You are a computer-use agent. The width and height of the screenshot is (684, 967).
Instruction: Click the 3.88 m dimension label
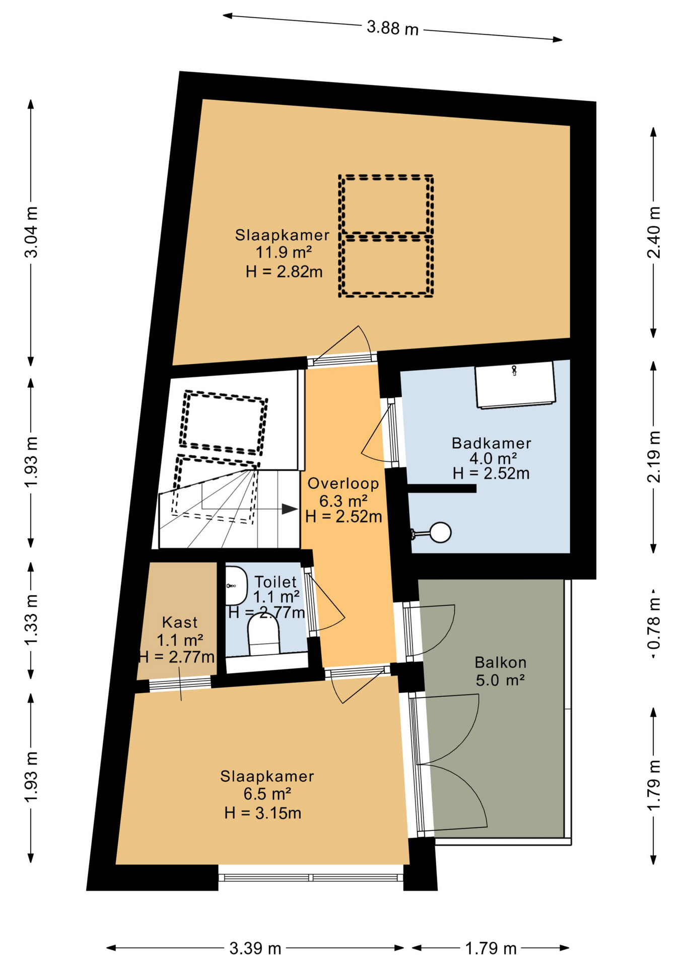point(392,28)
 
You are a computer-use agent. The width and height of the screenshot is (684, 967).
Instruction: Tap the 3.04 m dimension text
point(31,232)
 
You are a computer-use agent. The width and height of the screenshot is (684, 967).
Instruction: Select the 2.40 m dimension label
point(653,232)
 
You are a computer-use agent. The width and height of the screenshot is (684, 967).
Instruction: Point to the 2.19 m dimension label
point(653,457)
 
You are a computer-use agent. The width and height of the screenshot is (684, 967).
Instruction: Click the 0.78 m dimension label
point(653,624)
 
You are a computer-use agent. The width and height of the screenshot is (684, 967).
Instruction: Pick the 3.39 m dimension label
point(255,948)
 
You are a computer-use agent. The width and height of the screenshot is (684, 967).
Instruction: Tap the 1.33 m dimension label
point(31,619)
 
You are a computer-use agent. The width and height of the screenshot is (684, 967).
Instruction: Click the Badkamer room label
point(491,443)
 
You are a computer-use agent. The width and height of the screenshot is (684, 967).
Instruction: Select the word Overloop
point(343,483)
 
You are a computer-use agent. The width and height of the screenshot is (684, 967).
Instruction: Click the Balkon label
point(500,662)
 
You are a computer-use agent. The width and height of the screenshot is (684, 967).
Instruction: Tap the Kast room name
point(180,623)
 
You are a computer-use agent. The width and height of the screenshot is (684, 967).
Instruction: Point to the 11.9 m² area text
point(284,252)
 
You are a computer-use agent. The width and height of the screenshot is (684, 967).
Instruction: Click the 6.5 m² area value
point(267,794)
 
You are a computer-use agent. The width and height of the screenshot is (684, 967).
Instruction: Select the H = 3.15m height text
point(263,813)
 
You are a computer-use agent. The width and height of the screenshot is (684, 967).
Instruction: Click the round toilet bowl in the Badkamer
point(439,532)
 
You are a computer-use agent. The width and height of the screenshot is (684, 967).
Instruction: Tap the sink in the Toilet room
point(235,586)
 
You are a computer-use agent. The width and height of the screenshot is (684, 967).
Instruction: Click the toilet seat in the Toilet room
point(263,636)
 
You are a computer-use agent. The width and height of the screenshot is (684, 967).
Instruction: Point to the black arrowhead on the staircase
point(289,509)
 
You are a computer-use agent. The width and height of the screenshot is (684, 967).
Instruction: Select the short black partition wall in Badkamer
point(442,488)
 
